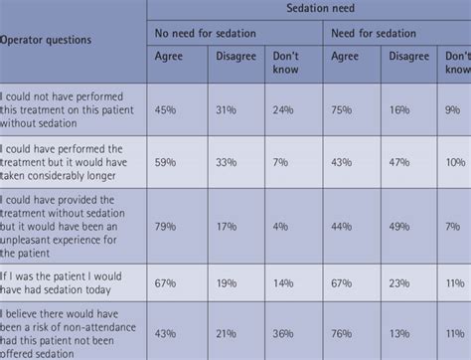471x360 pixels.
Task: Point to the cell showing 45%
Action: pyautogui.click(x=168, y=110)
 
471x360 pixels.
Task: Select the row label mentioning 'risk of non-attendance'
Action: pyautogui.click(x=70, y=331)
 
